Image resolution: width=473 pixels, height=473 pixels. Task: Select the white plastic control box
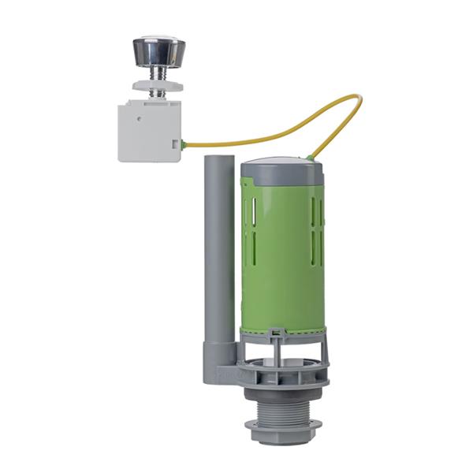pos(148,131)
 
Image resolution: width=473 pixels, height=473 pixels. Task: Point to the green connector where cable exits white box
pos(183,144)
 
